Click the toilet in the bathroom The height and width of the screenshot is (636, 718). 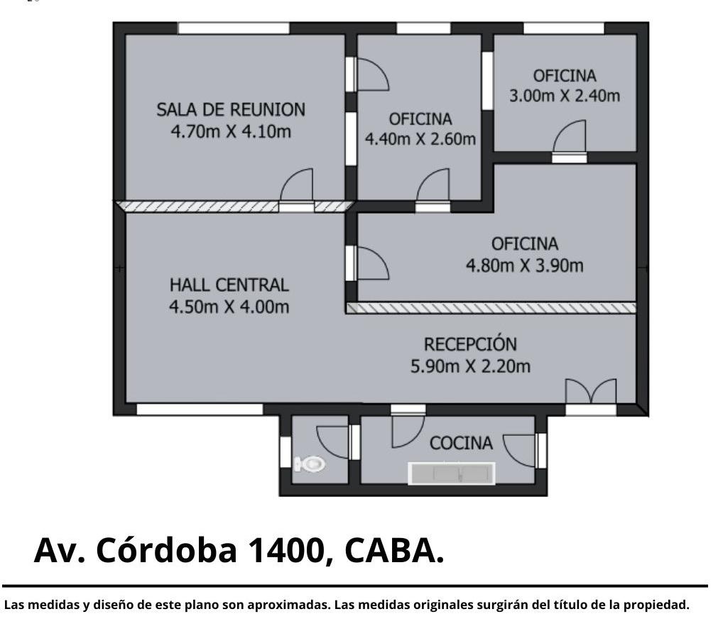(x=310, y=464)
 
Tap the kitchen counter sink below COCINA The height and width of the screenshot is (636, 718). (x=452, y=474)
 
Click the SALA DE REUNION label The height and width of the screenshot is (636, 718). (x=231, y=110)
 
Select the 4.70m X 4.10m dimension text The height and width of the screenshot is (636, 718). (x=231, y=132)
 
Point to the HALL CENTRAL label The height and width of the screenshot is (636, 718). (x=229, y=285)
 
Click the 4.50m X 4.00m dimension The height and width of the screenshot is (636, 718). (x=229, y=307)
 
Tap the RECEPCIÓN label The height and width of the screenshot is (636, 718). (x=470, y=344)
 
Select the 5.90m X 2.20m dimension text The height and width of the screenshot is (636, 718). (x=470, y=366)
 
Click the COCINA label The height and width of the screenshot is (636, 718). (x=461, y=443)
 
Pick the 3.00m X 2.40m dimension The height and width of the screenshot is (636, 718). (x=565, y=96)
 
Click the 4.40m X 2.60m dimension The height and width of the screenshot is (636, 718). (x=420, y=138)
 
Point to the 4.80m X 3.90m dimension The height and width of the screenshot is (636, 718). (x=525, y=265)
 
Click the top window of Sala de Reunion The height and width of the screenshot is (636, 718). (x=234, y=28)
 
